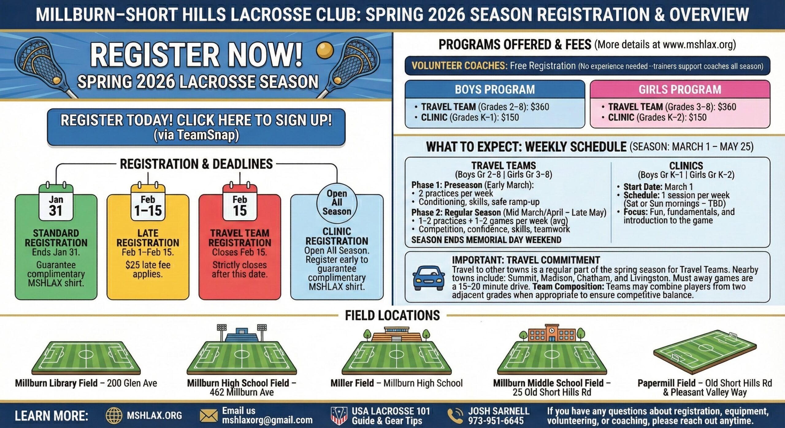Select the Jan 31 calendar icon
click(x=56, y=202)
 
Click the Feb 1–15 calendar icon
click(x=148, y=202)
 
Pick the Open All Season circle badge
click(x=337, y=202)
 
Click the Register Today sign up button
click(x=196, y=127)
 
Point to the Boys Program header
click(x=495, y=89)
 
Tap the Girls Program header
click(x=680, y=89)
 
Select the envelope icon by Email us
click(x=209, y=416)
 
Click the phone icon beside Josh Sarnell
click(x=455, y=415)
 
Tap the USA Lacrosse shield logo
click(x=339, y=415)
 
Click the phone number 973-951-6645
click(x=496, y=421)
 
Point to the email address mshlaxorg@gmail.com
click(x=267, y=420)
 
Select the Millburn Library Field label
click(x=56, y=383)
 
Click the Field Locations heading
click(x=392, y=315)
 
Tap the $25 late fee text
click(x=148, y=265)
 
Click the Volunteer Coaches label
click(x=459, y=66)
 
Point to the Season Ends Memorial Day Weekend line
click(x=486, y=240)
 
